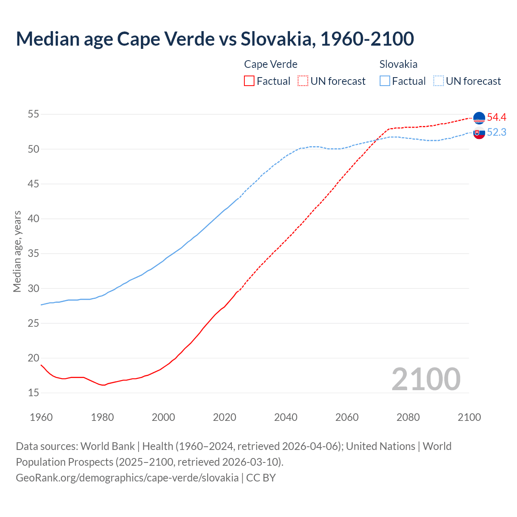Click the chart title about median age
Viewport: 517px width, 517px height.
click(215, 39)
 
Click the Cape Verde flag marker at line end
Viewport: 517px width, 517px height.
click(479, 118)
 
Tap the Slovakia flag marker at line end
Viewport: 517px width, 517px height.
click(479, 133)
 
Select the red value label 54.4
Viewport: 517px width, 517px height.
click(496, 118)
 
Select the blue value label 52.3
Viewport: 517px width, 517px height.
click(496, 132)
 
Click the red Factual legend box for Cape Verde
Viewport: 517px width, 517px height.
click(249, 81)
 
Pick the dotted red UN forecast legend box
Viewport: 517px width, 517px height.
click(303, 81)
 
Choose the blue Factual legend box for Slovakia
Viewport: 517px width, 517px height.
click(385, 81)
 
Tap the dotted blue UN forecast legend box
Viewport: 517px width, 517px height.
click(439, 81)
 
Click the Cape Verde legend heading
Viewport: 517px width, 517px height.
click(271, 64)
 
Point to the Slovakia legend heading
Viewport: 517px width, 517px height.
click(398, 64)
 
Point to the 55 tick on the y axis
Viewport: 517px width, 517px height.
click(33, 114)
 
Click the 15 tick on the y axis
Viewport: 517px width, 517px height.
click(33, 393)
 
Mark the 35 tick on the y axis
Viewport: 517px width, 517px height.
click(33, 254)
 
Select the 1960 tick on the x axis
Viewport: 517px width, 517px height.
click(41, 417)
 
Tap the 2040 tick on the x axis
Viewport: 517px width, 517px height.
click(286, 417)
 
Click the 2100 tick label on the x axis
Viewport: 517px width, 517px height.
click(469, 417)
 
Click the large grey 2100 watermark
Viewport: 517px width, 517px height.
click(426, 379)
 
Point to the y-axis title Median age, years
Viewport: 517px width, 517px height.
click(17, 251)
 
